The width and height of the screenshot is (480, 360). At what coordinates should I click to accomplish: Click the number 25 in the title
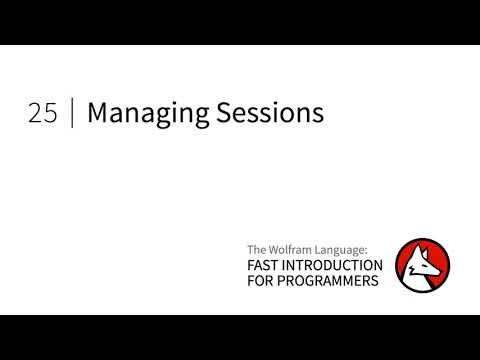coord(42,114)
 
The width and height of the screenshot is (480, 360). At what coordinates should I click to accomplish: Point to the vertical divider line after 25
coord(72,114)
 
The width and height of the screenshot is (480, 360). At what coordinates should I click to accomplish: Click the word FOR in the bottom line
coord(260,281)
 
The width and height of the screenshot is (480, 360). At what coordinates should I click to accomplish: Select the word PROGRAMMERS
coord(330,281)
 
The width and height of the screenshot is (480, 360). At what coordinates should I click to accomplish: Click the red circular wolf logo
coord(421,264)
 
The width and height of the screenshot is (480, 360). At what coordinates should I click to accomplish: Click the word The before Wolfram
coord(256,249)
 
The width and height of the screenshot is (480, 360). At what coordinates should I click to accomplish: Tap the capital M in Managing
coord(97,114)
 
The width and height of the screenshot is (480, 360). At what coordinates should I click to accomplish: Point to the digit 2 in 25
coord(35,114)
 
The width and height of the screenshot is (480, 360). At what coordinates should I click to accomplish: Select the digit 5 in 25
coord(49,114)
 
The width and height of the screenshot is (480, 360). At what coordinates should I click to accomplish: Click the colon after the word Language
coord(369,250)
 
